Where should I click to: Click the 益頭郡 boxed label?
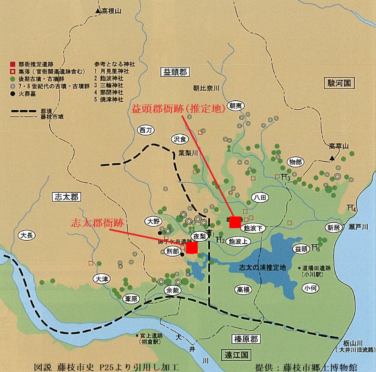click(175, 72)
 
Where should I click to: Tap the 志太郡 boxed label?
click(67, 197)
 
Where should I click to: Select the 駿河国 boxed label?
click(339, 83)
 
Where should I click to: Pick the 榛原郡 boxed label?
click(246, 339)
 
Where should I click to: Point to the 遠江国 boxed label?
click(236, 355)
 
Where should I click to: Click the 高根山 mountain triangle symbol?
click(98, 11)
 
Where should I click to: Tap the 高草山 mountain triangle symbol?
click(332, 158)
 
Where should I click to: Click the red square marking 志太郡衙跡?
click(192, 248)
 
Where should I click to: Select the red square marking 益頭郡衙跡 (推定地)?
click(235, 222)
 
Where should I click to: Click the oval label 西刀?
click(145, 130)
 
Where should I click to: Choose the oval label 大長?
click(27, 235)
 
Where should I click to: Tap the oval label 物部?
click(295, 162)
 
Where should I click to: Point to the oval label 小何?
click(310, 288)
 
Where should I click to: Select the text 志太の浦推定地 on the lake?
click(262, 267)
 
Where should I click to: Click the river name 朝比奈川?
click(206, 88)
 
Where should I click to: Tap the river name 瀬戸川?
click(358, 227)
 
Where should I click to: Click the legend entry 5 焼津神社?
click(109, 99)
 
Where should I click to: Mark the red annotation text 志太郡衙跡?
click(97, 223)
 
